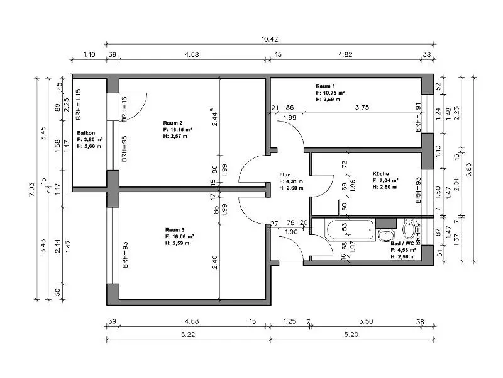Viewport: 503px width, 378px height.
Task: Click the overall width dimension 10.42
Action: pos(270,39)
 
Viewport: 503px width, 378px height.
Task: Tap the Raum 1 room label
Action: pos(325,86)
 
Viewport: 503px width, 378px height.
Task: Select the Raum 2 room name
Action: pos(172,123)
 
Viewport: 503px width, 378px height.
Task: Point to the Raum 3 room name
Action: pos(175,230)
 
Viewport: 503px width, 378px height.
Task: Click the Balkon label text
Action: pos(86,133)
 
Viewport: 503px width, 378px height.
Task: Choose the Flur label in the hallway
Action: pos(285,175)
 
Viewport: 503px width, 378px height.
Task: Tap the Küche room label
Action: pos(381,174)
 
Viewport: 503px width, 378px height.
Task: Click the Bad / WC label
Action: pos(402,243)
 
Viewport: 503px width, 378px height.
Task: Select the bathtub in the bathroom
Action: pos(350,230)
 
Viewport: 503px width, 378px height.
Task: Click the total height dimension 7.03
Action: pos(31,190)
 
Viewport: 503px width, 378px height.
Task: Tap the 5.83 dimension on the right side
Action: pos(468,170)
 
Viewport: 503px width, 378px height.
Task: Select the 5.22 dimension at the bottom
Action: pos(188,335)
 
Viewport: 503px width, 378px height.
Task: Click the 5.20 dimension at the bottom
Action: pos(351,335)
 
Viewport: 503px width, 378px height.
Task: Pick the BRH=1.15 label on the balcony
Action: pos(78,105)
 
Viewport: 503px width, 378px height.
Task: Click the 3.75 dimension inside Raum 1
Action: pos(362,107)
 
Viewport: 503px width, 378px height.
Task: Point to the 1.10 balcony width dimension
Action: pos(89,54)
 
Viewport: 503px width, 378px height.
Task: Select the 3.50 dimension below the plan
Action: pos(366,321)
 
